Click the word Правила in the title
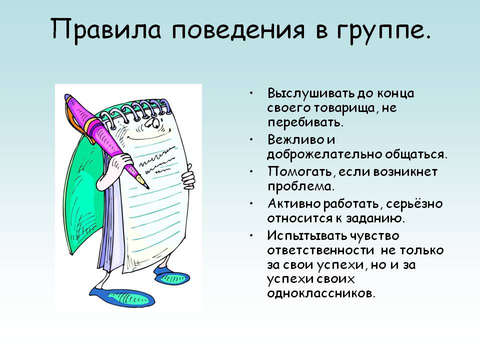click(106, 29)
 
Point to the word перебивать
click(305, 122)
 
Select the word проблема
click(300, 186)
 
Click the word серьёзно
click(414, 204)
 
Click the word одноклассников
click(321, 293)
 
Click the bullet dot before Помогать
click(251, 171)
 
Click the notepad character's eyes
click(152, 123)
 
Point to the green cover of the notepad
click(83, 196)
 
